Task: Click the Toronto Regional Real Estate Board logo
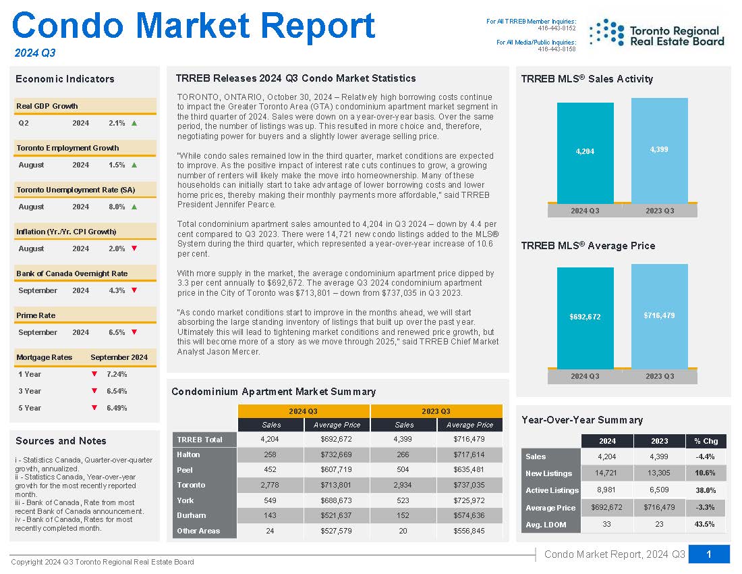click(x=657, y=32)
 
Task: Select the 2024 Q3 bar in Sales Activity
click(x=585, y=153)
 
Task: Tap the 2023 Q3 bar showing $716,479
click(x=659, y=316)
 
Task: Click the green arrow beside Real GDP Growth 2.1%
click(x=134, y=123)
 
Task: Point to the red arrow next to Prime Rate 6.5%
click(x=134, y=332)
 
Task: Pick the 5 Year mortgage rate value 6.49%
click(x=117, y=408)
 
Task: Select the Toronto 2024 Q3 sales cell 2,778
click(x=270, y=485)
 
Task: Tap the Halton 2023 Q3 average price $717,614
click(x=469, y=454)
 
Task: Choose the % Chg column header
click(x=706, y=441)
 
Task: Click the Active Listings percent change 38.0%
click(x=706, y=490)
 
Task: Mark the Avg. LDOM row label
click(x=546, y=525)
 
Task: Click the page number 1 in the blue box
click(x=709, y=554)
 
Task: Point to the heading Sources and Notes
click(x=61, y=441)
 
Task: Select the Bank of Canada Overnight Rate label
click(x=72, y=273)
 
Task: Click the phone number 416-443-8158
click(x=557, y=49)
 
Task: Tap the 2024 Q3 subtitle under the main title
click(x=35, y=53)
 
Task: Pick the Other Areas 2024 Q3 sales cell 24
click(x=270, y=531)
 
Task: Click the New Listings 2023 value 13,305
click(x=659, y=473)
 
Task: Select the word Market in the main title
click(x=193, y=26)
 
